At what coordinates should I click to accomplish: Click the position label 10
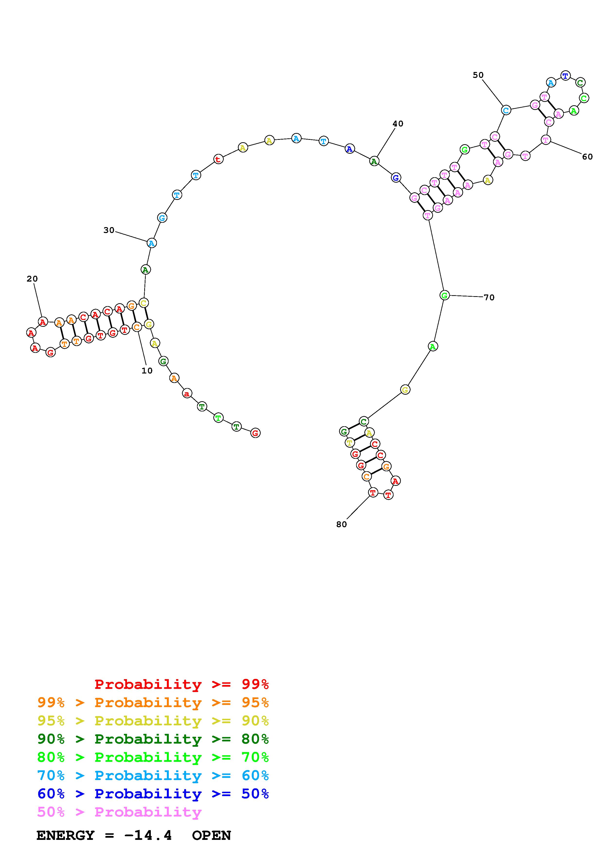pyautogui.click(x=147, y=371)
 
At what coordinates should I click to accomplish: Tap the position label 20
pyautogui.click(x=32, y=279)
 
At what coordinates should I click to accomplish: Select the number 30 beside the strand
pyautogui.click(x=109, y=230)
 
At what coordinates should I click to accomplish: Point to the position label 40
pyautogui.click(x=398, y=124)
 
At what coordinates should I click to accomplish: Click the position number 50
pyautogui.click(x=478, y=75)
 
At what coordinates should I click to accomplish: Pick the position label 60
pyautogui.click(x=587, y=157)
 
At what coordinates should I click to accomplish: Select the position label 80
pyautogui.click(x=342, y=524)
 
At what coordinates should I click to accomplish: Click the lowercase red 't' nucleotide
pyautogui.click(x=218, y=159)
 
